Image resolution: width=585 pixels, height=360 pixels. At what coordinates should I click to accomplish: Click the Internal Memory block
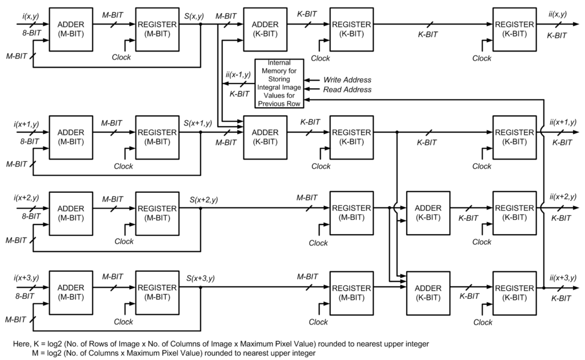pyautogui.click(x=279, y=83)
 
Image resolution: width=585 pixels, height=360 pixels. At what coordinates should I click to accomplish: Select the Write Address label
pyautogui.click(x=347, y=80)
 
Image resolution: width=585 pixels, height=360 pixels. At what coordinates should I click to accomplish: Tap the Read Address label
pyautogui.click(x=347, y=89)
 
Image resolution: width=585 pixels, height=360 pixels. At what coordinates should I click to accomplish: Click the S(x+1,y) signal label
pyautogui.click(x=198, y=122)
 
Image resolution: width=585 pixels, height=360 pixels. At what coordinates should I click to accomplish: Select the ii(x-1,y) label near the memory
pyautogui.click(x=238, y=74)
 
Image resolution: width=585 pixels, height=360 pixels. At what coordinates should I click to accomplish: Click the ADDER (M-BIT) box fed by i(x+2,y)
pyautogui.click(x=72, y=212)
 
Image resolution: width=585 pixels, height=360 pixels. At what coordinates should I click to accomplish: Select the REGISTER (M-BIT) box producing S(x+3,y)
pyautogui.click(x=157, y=292)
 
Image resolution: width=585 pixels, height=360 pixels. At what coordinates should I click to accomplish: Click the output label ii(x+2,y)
pyautogui.click(x=562, y=196)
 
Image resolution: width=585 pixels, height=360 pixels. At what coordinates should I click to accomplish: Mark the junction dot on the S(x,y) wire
pyautogui.click(x=201, y=25)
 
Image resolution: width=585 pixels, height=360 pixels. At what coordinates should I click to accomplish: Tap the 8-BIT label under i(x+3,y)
pyautogui.click(x=23, y=296)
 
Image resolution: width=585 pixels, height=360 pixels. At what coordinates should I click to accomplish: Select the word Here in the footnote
pyautogui.click(x=22, y=344)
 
